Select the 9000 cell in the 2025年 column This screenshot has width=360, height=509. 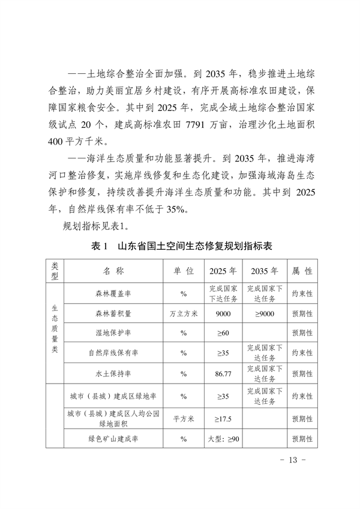coord(223,313)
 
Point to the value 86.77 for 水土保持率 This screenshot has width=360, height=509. coord(223,373)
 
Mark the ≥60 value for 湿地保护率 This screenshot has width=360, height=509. coord(223,333)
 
